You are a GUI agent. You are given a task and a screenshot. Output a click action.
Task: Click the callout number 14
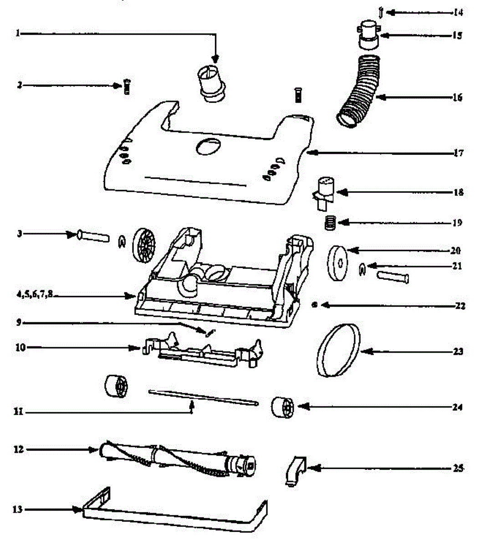point(458,12)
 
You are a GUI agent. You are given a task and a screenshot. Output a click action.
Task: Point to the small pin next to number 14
point(380,11)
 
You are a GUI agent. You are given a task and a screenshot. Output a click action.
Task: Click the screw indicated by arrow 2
point(127,86)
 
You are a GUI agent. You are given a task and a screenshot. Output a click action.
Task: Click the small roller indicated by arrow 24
point(283,406)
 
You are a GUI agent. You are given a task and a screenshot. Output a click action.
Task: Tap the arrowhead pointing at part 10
point(135,349)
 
